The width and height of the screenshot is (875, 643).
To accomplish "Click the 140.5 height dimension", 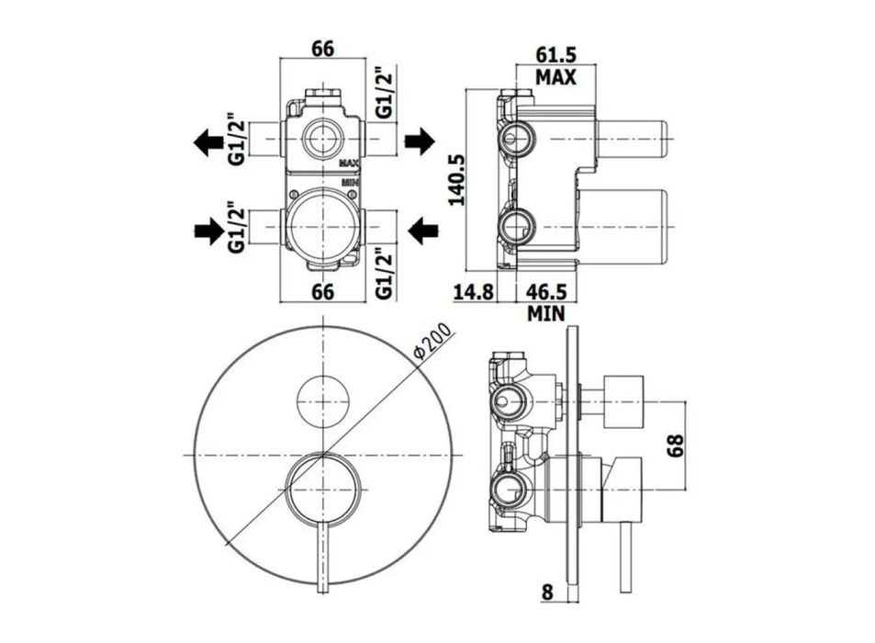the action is pyautogui.click(x=457, y=179).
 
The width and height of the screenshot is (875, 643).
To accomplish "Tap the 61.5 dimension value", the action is pyautogui.click(x=555, y=55).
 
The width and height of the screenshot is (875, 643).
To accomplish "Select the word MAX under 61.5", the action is pyautogui.click(x=555, y=77).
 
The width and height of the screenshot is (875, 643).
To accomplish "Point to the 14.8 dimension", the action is pyautogui.click(x=473, y=291).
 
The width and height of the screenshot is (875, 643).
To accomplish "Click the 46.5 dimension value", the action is pyautogui.click(x=546, y=291).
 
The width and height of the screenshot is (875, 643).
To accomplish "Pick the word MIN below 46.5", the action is pyautogui.click(x=545, y=313).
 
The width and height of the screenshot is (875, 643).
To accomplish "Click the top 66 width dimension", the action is pyautogui.click(x=322, y=49).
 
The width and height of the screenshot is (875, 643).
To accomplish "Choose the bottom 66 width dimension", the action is pyautogui.click(x=322, y=291).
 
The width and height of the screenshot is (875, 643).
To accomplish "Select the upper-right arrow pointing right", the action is pyautogui.click(x=419, y=141).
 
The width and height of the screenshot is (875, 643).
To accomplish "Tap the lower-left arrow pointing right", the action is pyautogui.click(x=209, y=231).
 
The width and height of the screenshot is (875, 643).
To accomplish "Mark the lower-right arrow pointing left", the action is pyautogui.click(x=422, y=231).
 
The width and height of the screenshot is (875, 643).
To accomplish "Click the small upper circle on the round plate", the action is pyautogui.click(x=322, y=400).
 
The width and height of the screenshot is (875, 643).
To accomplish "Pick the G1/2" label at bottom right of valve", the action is pyautogui.click(x=385, y=273).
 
